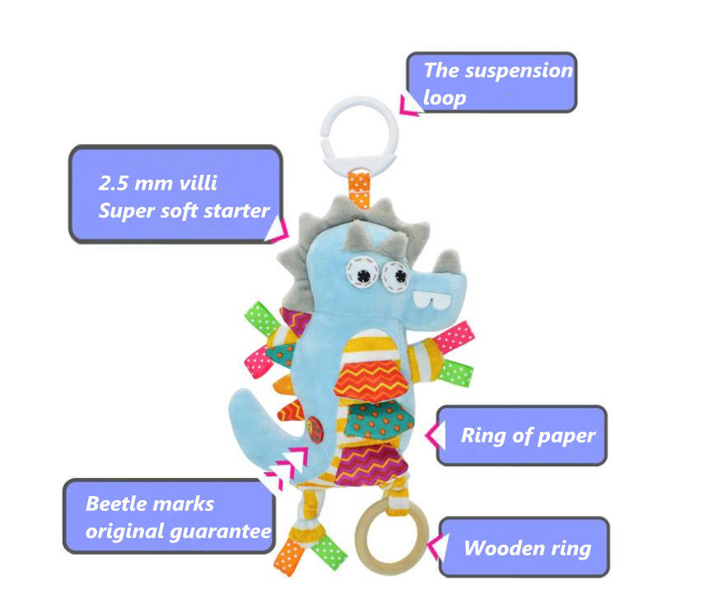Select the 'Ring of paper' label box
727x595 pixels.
click(521, 435)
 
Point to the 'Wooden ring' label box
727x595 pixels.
click(524, 547)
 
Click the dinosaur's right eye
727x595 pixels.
click(397, 274)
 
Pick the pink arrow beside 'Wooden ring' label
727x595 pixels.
click(434, 546)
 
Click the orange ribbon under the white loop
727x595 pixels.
click(359, 186)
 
